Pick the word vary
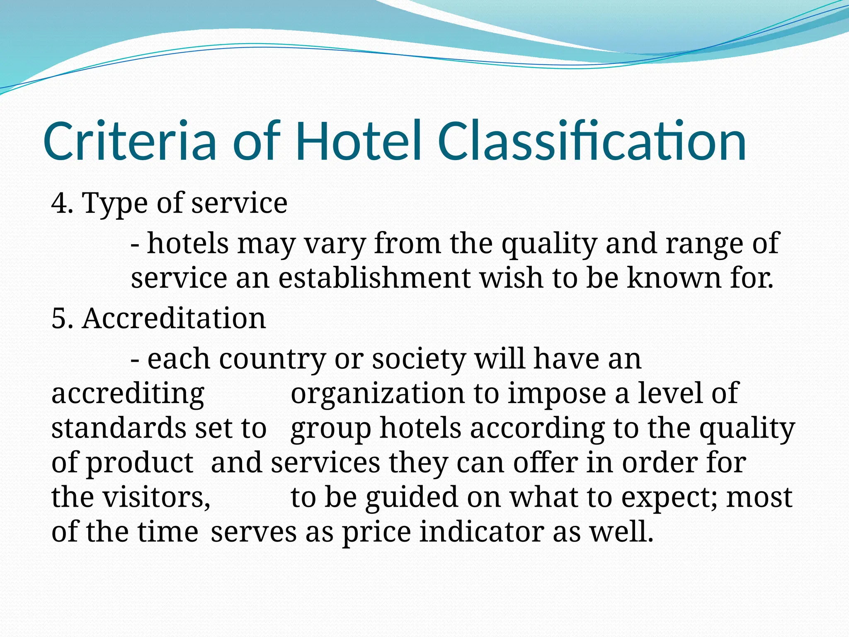(335, 244)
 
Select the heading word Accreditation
(174, 319)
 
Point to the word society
(419, 359)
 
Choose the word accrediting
(128, 394)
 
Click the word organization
(378, 394)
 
